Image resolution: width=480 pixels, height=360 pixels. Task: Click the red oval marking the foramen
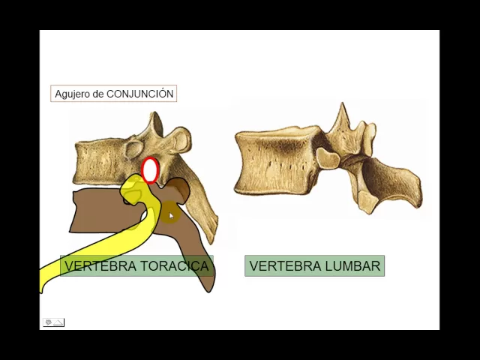150,170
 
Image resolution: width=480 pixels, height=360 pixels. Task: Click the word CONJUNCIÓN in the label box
140,94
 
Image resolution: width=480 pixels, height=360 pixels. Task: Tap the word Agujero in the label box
72,94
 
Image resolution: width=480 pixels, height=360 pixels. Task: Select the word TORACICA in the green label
175,266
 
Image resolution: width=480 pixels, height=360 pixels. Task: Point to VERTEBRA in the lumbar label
284,266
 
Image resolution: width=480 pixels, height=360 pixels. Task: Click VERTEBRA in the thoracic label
100,266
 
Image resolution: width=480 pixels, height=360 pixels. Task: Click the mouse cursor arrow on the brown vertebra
171,216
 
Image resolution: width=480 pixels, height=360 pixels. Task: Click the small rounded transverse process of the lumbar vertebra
327,157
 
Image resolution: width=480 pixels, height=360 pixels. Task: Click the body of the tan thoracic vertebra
101,159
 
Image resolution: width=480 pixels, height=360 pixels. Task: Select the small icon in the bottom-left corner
53,322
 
